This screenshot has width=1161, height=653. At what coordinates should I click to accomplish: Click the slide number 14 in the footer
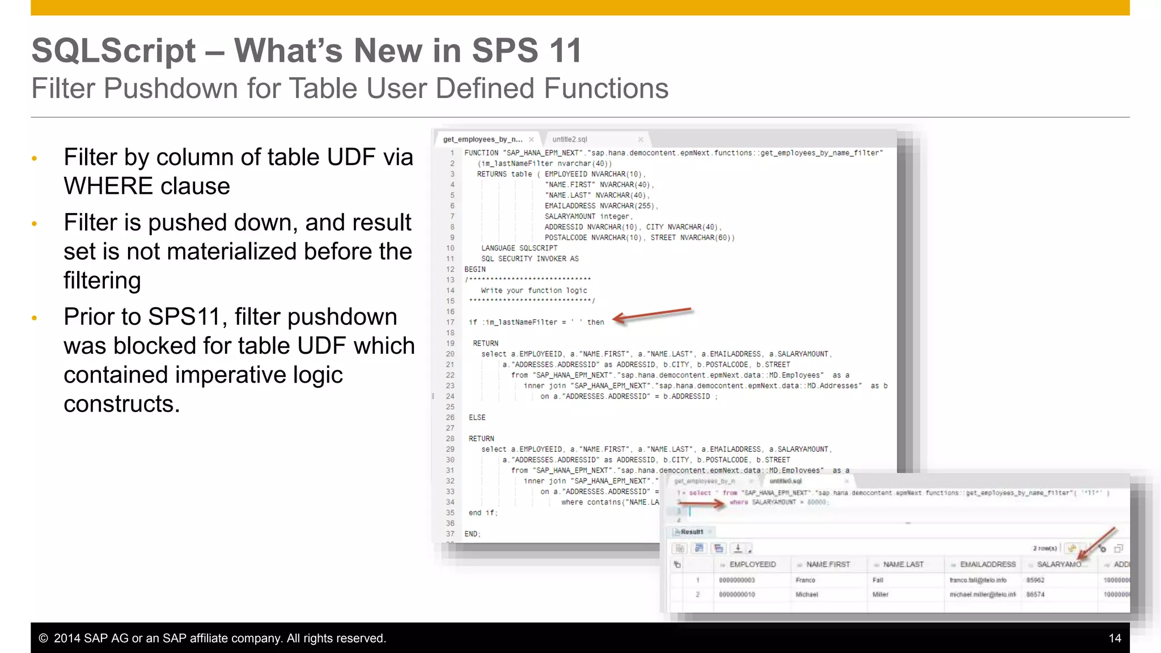click(x=1115, y=638)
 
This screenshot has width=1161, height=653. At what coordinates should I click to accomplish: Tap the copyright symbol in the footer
click(x=43, y=638)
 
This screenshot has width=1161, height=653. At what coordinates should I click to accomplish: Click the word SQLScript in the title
click(x=113, y=50)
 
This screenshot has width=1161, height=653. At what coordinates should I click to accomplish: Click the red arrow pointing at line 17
click(x=652, y=315)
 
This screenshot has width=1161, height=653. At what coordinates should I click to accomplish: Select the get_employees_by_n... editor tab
click(x=482, y=139)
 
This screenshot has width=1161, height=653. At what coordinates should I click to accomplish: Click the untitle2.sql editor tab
click(x=570, y=139)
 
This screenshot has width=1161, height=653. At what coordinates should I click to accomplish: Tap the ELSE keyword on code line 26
click(x=477, y=418)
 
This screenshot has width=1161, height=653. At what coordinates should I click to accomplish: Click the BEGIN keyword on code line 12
click(x=475, y=269)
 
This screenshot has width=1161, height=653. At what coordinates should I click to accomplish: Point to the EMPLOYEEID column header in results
click(x=752, y=565)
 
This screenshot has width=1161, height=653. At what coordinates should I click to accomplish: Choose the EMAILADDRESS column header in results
click(x=988, y=565)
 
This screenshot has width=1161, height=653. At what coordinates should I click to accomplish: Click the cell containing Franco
click(x=805, y=580)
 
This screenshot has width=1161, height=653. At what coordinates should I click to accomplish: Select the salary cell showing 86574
click(x=1035, y=595)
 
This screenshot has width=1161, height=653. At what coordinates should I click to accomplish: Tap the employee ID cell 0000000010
click(x=736, y=595)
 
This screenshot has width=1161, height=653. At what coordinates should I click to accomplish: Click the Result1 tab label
click(x=692, y=532)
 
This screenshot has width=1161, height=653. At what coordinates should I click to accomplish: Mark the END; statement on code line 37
click(x=472, y=534)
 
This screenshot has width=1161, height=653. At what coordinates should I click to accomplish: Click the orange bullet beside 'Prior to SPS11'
click(x=35, y=318)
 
